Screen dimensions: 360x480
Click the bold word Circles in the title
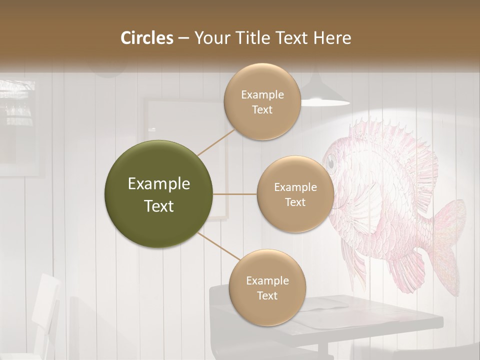tap(146, 38)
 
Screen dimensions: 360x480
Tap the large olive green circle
tap(159, 194)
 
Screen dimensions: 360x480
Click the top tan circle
tap(262, 102)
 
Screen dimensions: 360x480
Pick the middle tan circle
tap(295, 194)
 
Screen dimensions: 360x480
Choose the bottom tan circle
tap(267, 287)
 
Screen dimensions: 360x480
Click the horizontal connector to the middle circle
tap(235, 194)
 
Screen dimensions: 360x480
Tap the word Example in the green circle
tap(159, 184)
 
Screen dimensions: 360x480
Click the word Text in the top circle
tap(262, 109)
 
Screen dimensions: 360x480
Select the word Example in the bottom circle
tap(267, 280)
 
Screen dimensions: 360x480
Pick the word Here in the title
tap(333, 38)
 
